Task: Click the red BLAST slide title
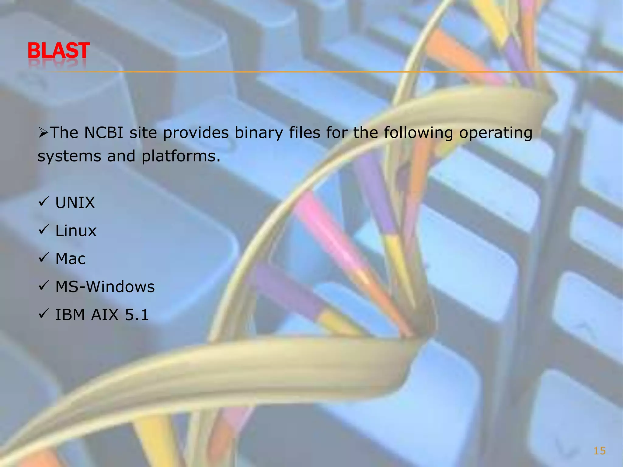click(x=58, y=51)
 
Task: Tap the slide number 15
click(x=599, y=451)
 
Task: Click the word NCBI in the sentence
click(x=103, y=133)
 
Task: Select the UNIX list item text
click(x=75, y=203)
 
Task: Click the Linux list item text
click(x=76, y=231)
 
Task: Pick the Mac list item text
click(x=71, y=259)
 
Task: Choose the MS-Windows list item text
click(x=105, y=287)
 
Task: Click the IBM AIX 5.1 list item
click(x=102, y=315)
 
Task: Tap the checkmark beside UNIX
click(x=44, y=202)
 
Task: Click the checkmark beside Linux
click(x=44, y=230)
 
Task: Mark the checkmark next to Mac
click(x=44, y=258)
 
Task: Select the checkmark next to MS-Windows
click(x=44, y=286)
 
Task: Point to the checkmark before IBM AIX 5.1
click(x=44, y=314)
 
